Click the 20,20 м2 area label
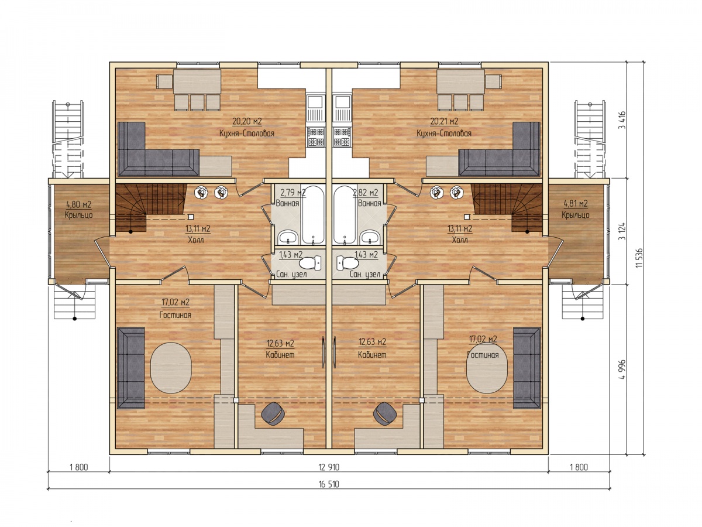point(247,121)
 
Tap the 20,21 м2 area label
point(444,121)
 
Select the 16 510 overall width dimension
point(329,484)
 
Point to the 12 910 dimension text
point(329,467)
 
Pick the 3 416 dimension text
point(622,120)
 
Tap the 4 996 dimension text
point(622,369)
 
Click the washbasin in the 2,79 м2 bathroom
point(288,237)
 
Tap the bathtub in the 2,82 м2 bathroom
point(345,215)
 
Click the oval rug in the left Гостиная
point(171,368)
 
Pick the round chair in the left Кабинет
point(273,413)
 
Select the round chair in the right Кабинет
point(385,413)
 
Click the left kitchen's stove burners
point(316,136)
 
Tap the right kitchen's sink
point(342,108)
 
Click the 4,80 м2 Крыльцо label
point(78,209)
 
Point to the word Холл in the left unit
point(196,239)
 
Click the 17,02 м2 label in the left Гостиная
point(175,302)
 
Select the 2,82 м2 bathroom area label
point(365,193)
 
